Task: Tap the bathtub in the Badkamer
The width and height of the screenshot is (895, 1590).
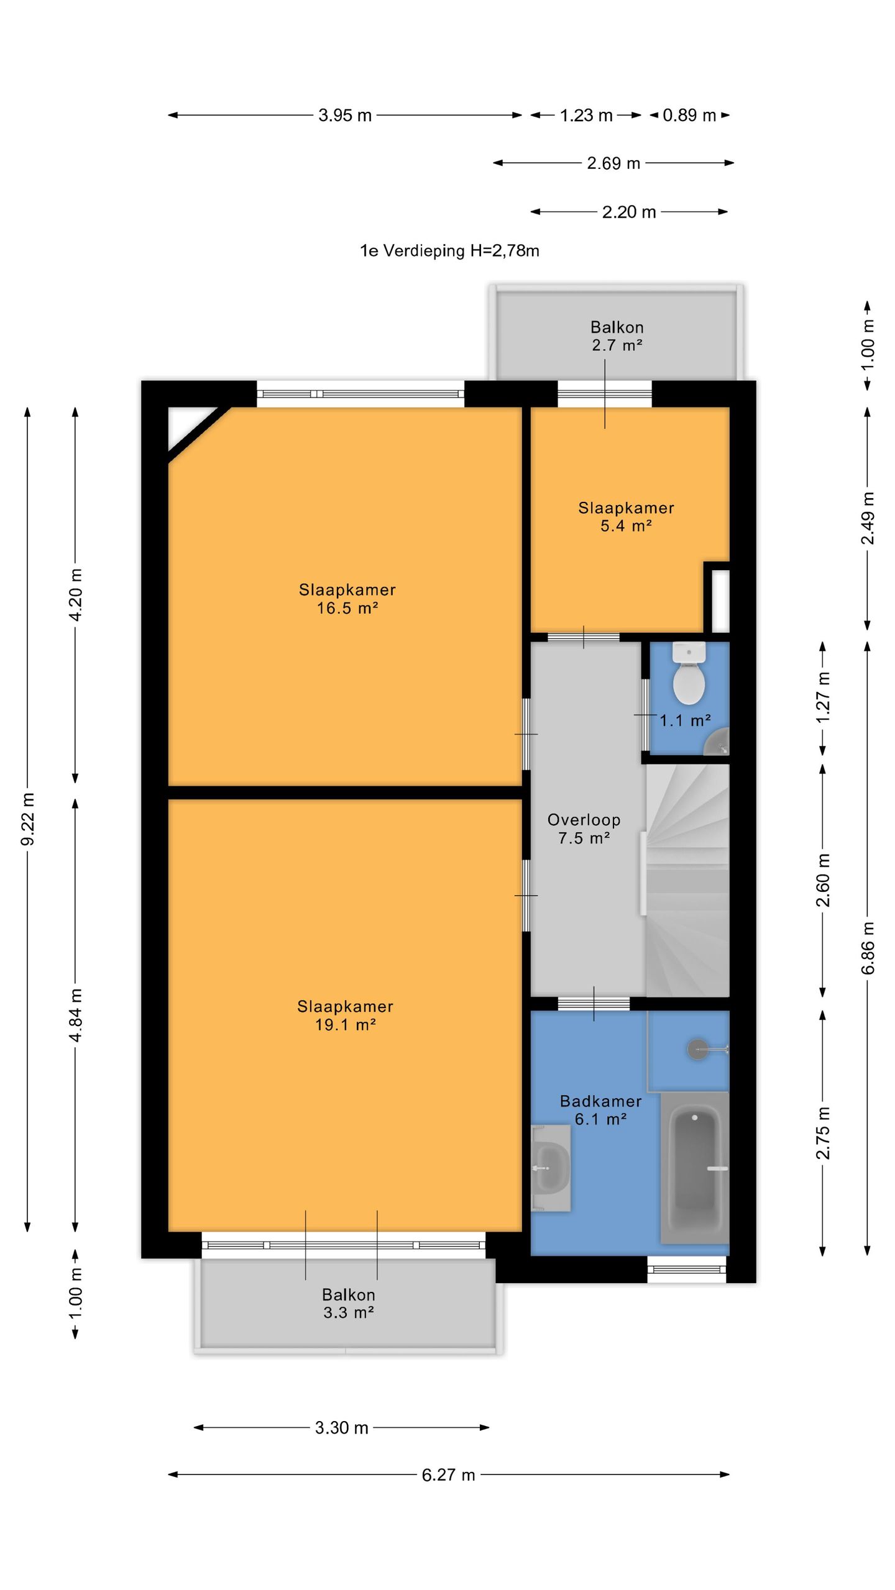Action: click(695, 1167)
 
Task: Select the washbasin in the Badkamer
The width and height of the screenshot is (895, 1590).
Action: click(551, 1168)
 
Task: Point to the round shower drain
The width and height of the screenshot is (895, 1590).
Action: click(697, 1049)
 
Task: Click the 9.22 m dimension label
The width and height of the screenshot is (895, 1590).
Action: click(28, 819)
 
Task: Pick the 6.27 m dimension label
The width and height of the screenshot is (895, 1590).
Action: click(448, 1474)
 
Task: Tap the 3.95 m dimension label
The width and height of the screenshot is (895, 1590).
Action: click(345, 115)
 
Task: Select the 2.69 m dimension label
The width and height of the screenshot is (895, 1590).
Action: click(613, 163)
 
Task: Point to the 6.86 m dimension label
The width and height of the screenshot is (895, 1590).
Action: click(868, 948)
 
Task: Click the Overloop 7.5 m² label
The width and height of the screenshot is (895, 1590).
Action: click(584, 829)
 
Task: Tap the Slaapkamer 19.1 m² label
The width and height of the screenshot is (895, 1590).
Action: click(345, 1015)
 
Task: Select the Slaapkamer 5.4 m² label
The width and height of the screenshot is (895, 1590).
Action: click(626, 517)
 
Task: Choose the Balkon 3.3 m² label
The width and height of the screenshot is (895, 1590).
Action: click(348, 1303)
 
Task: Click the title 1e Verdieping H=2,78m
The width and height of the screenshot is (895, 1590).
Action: click(449, 251)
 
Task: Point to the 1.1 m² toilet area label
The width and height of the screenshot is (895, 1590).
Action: click(685, 720)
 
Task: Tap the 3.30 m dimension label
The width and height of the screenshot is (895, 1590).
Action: click(341, 1427)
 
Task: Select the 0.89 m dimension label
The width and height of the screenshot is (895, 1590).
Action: click(689, 115)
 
